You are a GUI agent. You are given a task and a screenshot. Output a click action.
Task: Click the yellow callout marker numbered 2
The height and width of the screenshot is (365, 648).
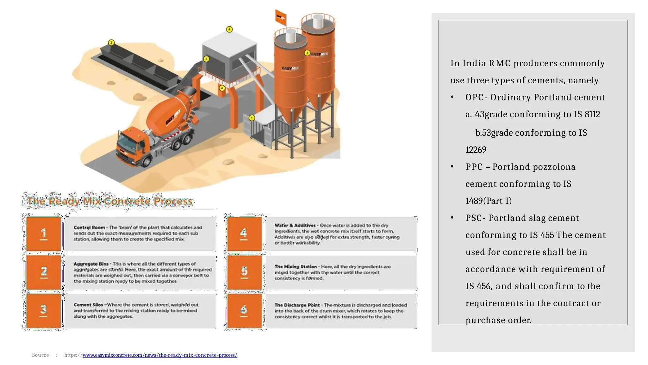pos(111,42)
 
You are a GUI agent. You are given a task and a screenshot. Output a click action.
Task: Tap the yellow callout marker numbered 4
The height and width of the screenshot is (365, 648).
pos(229,29)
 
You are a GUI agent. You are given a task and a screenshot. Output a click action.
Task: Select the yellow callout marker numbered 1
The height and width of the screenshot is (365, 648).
pos(252,118)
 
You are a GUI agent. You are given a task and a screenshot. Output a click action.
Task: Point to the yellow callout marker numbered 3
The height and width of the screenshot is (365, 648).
pos(307,53)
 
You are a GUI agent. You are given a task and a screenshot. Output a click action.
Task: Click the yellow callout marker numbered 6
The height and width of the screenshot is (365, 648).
pos(222,88)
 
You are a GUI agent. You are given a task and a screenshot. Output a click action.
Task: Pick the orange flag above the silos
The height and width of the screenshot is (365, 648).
pos(281,16)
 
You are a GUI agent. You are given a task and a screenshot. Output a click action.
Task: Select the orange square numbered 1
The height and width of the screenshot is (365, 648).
pos(44,234)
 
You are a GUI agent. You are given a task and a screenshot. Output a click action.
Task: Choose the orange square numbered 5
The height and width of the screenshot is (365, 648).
pos(244,272)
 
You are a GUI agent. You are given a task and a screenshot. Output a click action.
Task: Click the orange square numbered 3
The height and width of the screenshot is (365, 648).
pos(44,311)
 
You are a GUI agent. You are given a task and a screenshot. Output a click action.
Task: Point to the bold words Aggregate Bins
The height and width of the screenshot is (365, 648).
pos(91,264)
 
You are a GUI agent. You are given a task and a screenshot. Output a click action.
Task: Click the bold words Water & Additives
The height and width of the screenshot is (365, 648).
pos(295,226)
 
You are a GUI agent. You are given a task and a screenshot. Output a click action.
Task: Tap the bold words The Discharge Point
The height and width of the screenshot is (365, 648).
pos(297,305)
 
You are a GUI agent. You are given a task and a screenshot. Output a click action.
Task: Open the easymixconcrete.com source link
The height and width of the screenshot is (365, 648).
pos(160,355)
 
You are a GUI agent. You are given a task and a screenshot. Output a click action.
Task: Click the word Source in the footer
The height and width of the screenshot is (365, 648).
pos(40,355)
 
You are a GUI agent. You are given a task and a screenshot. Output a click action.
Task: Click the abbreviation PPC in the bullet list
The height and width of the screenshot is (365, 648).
pos(474,167)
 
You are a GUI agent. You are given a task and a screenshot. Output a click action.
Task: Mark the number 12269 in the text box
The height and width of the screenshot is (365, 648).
pos(476,150)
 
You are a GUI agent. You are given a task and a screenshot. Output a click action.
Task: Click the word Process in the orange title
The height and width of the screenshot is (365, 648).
pos(173,201)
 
